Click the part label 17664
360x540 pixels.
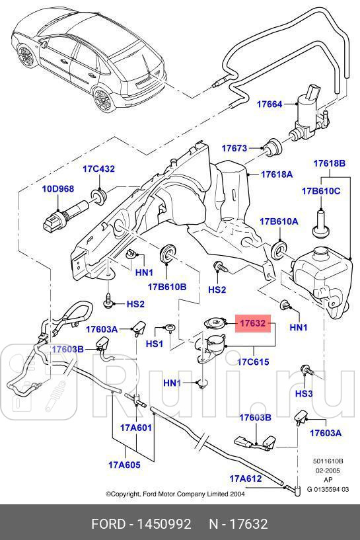(x=250, y=104)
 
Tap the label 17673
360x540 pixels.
(x=234, y=148)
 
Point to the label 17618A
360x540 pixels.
(x=276, y=174)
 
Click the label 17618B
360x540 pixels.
(x=329, y=163)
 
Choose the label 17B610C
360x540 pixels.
(x=321, y=191)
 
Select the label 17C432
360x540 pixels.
(x=98, y=169)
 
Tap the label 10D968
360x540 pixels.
(x=58, y=188)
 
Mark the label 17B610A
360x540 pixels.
(x=278, y=221)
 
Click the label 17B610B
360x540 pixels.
(x=167, y=287)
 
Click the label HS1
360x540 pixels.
(x=154, y=344)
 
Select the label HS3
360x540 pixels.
(x=304, y=393)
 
